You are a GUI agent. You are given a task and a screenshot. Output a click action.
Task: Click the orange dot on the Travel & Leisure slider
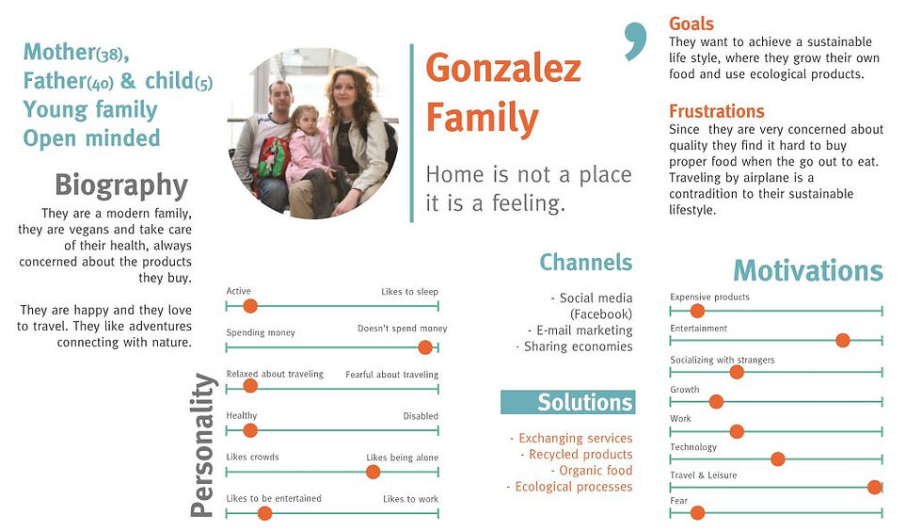click(874, 487)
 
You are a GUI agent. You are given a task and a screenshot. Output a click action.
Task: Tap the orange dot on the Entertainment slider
click(843, 340)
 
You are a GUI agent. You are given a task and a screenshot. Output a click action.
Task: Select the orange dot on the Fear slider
click(697, 513)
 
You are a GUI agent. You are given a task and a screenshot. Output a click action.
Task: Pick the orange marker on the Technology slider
click(777, 459)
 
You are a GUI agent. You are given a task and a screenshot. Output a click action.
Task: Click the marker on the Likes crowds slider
click(373, 472)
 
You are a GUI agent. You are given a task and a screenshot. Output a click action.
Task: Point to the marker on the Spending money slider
click(425, 347)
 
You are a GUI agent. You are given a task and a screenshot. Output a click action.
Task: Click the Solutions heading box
click(568, 402)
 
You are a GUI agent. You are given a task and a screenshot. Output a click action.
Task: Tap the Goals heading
click(691, 24)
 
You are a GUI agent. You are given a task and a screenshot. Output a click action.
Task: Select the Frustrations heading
click(716, 111)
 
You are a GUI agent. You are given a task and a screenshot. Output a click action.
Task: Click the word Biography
click(121, 185)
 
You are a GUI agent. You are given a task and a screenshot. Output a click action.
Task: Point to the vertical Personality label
click(201, 445)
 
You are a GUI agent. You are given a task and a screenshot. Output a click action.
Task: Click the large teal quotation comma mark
click(636, 41)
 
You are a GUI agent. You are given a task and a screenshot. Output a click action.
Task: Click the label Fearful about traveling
click(391, 375)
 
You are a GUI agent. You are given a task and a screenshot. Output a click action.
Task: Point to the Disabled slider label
click(421, 415)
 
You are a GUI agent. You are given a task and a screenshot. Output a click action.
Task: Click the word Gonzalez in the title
click(503, 69)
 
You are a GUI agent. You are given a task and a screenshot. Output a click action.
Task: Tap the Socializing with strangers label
click(723, 360)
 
